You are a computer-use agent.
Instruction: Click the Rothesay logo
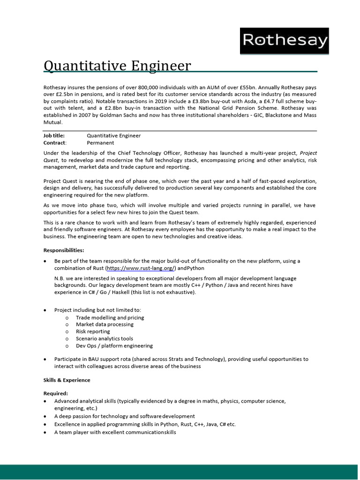pyautogui.click(x=285, y=41)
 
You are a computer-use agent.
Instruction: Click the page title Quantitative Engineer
pyautogui.click(x=117, y=66)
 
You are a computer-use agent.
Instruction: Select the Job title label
pyautogui.click(x=54, y=135)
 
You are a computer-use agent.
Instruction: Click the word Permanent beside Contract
pyautogui.click(x=100, y=142)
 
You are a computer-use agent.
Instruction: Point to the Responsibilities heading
pyautogui.click(x=64, y=250)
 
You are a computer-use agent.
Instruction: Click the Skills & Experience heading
pyautogui.click(x=67, y=380)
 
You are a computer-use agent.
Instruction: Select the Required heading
pyautogui.click(x=56, y=393)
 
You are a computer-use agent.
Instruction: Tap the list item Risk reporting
pyautogui.click(x=93, y=331)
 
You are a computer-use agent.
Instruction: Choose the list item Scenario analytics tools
pyautogui.click(x=105, y=338)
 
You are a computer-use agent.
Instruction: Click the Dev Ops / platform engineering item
pyautogui.click(x=114, y=345)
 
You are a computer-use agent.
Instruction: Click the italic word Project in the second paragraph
pyautogui.click(x=308, y=153)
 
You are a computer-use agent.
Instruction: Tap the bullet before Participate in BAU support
pyautogui.click(x=45, y=360)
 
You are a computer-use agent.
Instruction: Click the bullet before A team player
pyautogui.click(x=45, y=432)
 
